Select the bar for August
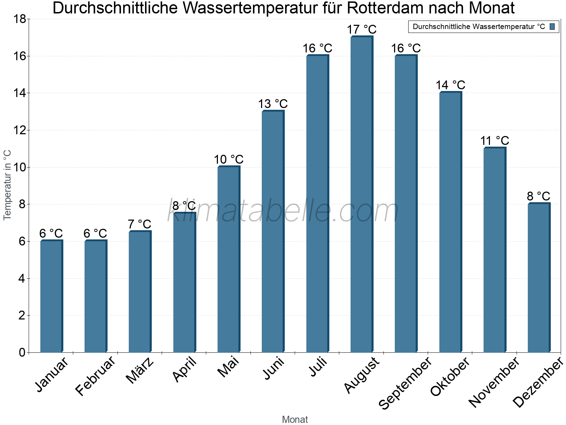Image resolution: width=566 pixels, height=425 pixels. [361, 195]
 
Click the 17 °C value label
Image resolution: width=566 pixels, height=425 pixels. [362, 29]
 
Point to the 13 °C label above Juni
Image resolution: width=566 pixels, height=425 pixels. [273, 104]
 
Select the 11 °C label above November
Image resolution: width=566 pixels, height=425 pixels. [495, 141]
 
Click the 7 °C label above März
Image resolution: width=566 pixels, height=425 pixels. [139, 224]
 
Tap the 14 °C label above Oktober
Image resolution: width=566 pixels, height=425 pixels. [450, 85]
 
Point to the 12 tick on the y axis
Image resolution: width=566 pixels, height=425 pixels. [19, 130]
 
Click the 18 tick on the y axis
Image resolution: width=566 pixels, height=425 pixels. [19, 19]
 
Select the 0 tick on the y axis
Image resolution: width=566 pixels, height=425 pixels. [22, 352]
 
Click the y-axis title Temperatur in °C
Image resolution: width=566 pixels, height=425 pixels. [7, 185]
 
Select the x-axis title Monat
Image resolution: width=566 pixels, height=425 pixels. [295, 420]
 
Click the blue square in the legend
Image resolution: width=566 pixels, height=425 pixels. [552, 27]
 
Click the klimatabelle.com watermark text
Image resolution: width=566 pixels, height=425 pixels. [283, 211]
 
